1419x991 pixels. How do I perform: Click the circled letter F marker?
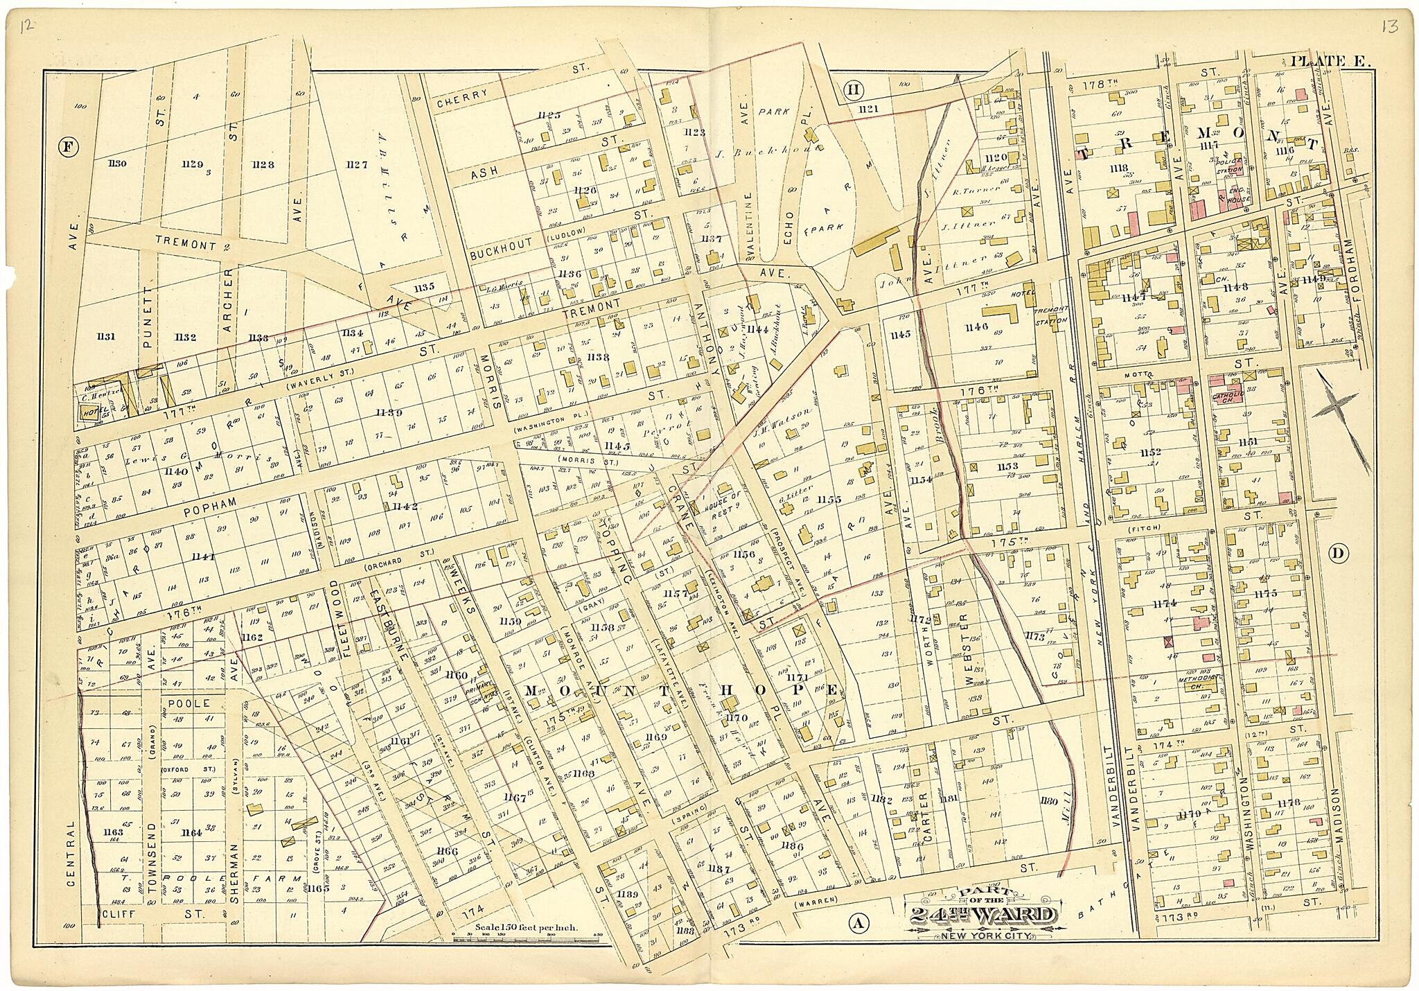68,146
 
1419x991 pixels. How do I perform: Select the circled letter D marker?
1339,553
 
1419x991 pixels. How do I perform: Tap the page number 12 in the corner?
27,27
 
